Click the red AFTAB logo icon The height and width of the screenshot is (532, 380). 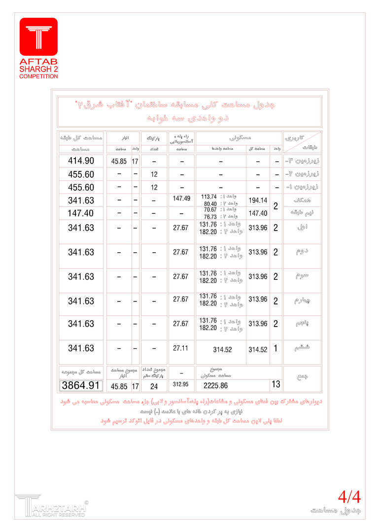pyautogui.click(x=38, y=36)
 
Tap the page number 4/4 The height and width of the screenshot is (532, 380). pyautogui.click(x=349, y=497)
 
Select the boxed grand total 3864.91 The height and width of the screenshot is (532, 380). pyautogui.click(x=81, y=386)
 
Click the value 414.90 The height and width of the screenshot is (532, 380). pyautogui.click(x=81, y=161)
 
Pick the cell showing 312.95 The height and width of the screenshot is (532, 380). pyautogui.click(x=181, y=383)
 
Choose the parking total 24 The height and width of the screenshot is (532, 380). pyautogui.click(x=154, y=387)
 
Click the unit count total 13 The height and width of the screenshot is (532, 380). pyautogui.click(x=276, y=384)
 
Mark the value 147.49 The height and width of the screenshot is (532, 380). pyautogui.click(x=181, y=198)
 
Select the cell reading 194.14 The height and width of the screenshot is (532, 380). pyautogui.click(x=258, y=200)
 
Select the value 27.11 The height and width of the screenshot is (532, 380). pyautogui.click(x=181, y=348)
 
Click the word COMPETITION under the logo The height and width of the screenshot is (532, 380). pyautogui.click(x=38, y=76)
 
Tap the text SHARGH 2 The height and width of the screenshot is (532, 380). pyautogui.click(x=38, y=69)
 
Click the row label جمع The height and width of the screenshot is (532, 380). pyautogui.click(x=301, y=376)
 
